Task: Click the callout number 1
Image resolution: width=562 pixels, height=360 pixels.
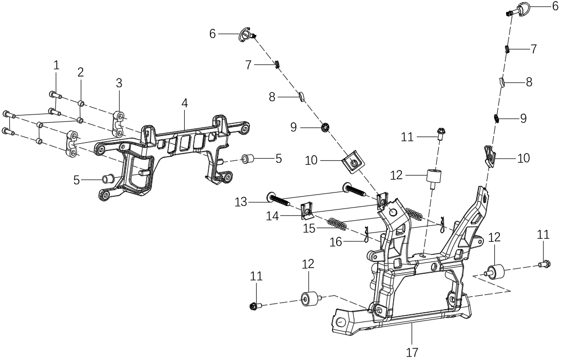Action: click(x=56, y=65)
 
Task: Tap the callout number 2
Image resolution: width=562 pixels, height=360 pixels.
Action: click(x=81, y=72)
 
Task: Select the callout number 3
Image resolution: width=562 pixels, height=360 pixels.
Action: click(x=119, y=83)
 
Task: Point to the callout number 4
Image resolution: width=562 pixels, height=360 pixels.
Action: click(x=184, y=103)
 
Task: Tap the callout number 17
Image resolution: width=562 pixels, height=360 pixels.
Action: click(x=412, y=353)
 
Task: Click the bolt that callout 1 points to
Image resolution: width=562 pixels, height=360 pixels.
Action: click(x=56, y=95)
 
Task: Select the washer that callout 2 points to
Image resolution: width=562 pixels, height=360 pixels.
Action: click(x=81, y=103)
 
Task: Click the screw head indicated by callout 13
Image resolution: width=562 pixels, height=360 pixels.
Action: click(x=270, y=196)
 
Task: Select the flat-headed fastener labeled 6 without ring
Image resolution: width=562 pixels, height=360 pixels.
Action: click(x=246, y=35)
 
